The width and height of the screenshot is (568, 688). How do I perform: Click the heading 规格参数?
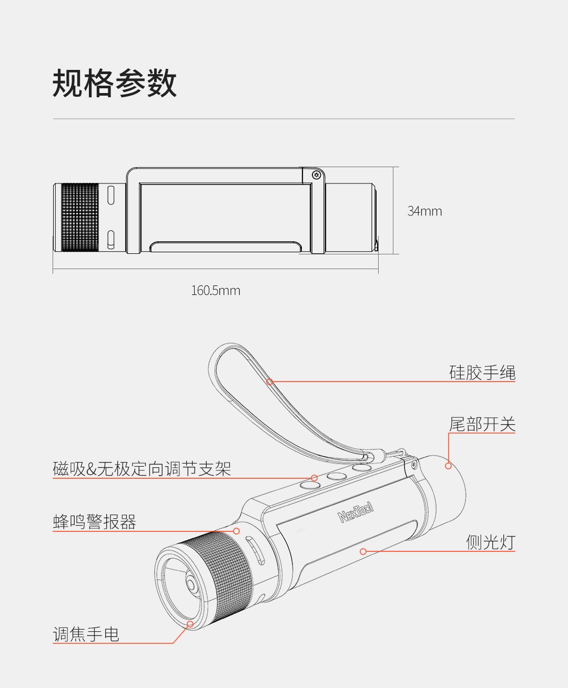tap(115, 83)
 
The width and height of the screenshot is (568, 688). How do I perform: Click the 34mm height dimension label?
tap(424, 211)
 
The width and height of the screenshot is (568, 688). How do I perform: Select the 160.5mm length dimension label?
tap(216, 291)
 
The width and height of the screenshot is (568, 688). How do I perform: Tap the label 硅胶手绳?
tap(482, 373)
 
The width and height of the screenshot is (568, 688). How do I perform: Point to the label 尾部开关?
tap(482, 424)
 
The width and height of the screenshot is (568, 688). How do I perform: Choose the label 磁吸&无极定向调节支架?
tap(142, 469)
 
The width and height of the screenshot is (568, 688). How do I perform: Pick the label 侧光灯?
tap(491, 542)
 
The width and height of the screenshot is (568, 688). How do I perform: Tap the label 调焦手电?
tap(86, 634)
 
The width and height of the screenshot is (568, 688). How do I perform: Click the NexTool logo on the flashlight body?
tap(356, 512)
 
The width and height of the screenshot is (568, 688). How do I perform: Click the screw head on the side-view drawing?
tap(317, 175)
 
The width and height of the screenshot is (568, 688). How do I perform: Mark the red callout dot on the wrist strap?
tap(270, 382)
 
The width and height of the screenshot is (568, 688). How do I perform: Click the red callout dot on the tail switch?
tap(448, 466)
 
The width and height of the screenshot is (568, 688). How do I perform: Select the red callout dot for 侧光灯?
tap(363, 551)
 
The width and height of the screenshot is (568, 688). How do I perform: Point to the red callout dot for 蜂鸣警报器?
tap(236, 531)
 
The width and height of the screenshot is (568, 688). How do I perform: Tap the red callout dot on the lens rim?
tap(190, 624)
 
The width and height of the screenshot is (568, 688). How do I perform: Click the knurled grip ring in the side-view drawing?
tap(80, 218)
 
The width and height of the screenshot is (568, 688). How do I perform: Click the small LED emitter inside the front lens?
tap(191, 585)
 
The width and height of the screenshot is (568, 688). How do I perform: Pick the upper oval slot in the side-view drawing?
tap(111, 195)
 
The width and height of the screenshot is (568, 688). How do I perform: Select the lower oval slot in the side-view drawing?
tap(111, 240)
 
